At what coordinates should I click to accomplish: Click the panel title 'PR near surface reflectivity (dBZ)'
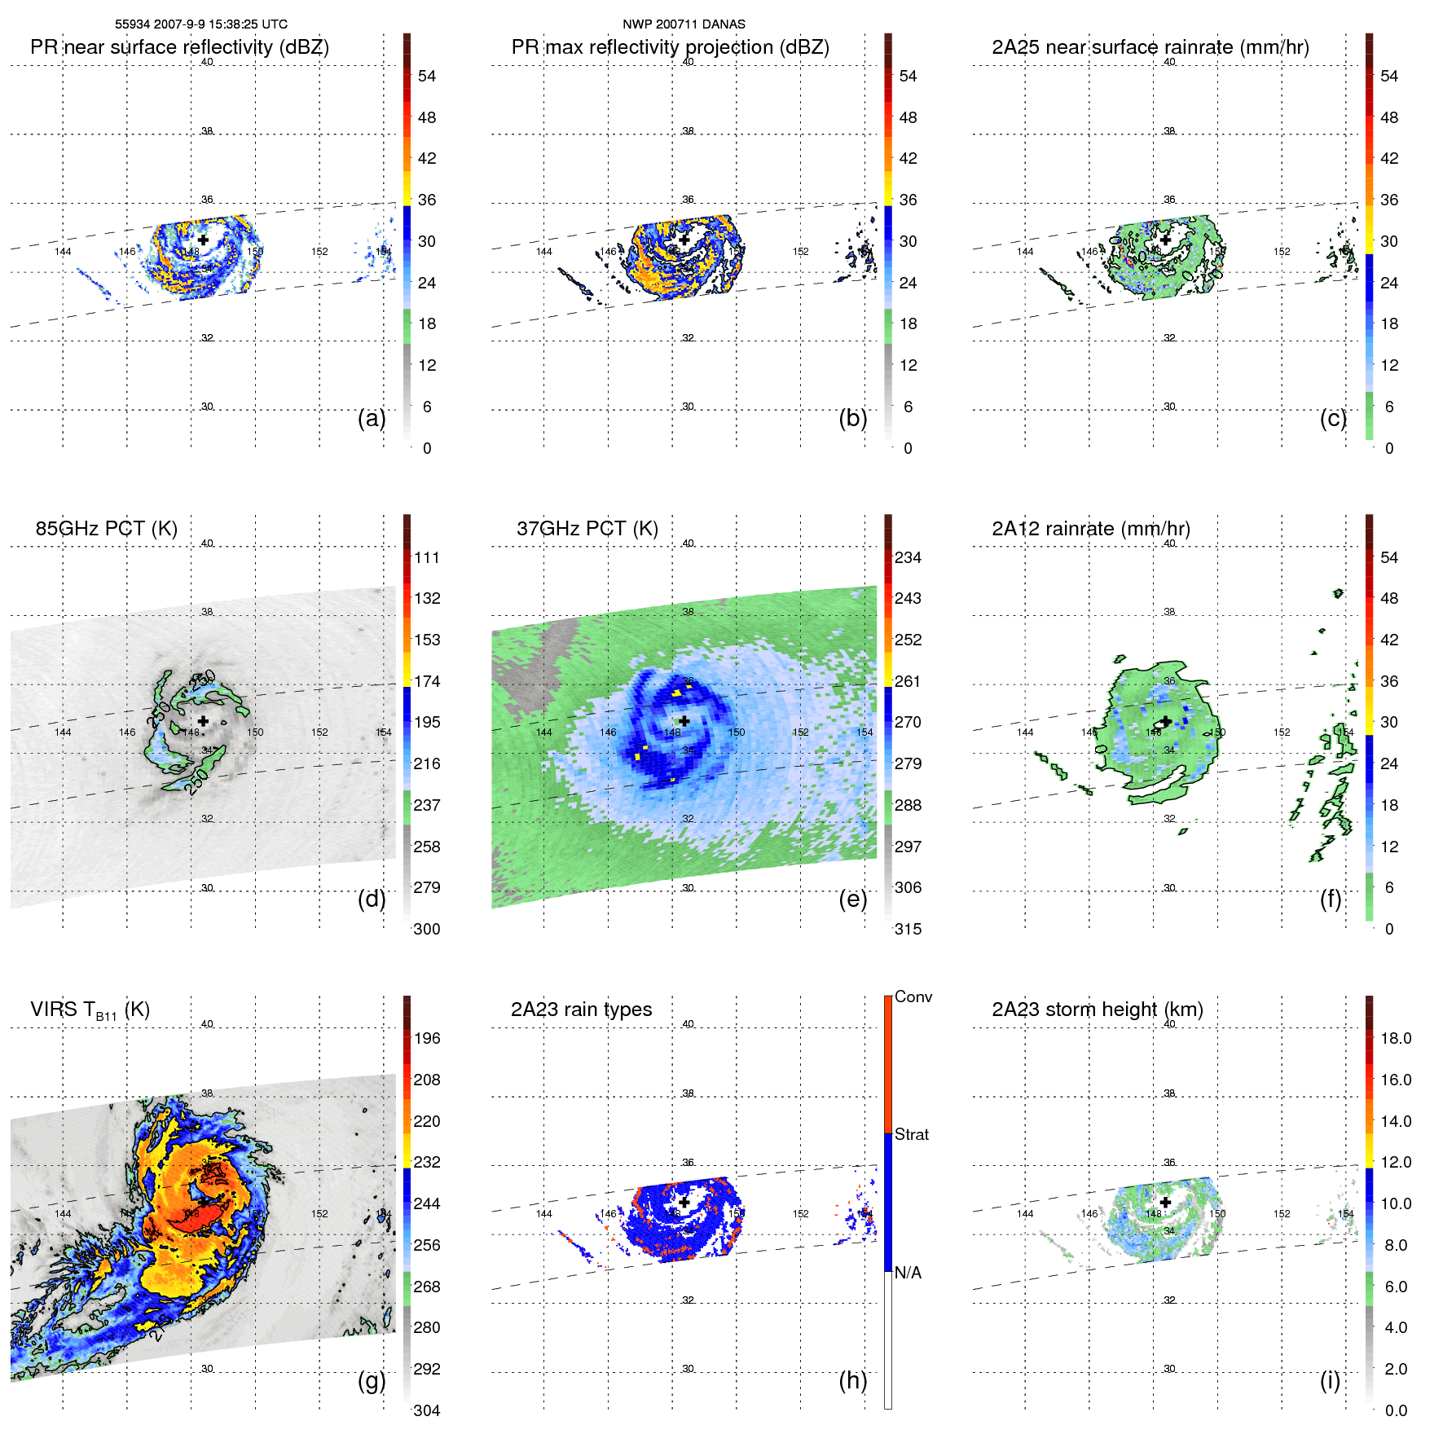pyautogui.click(x=179, y=47)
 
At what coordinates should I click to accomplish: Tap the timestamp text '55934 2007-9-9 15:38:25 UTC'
pyautogui.click(x=200, y=24)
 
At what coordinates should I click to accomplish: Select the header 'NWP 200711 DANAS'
pyautogui.click(x=684, y=24)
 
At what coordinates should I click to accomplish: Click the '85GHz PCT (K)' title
pyautogui.click(x=106, y=529)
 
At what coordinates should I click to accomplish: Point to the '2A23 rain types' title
pyautogui.click(x=581, y=1010)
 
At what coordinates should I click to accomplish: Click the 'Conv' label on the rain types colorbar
pyautogui.click(x=913, y=997)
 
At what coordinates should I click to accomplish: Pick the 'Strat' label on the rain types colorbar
pyautogui.click(x=911, y=1135)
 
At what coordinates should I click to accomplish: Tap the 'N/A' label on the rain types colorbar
pyautogui.click(x=908, y=1273)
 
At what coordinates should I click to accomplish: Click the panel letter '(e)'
pyautogui.click(x=852, y=899)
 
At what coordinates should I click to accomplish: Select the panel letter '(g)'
pyautogui.click(x=372, y=1380)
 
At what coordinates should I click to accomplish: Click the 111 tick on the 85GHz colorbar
pyautogui.click(x=427, y=558)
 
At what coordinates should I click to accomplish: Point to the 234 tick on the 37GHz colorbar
pyautogui.click(x=908, y=558)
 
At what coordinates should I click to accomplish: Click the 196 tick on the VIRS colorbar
pyautogui.click(x=427, y=1039)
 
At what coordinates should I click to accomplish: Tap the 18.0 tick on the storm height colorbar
pyautogui.click(x=1395, y=1039)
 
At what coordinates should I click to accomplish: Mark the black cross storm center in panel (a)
pyautogui.click(x=203, y=240)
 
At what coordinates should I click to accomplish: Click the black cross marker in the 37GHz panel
pyautogui.click(x=684, y=721)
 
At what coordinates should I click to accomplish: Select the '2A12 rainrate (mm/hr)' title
pyautogui.click(x=1090, y=529)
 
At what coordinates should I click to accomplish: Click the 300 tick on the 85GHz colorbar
pyautogui.click(x=427, y=929)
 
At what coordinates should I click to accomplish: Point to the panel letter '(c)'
pyautogui.click(x=1333, y=418)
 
